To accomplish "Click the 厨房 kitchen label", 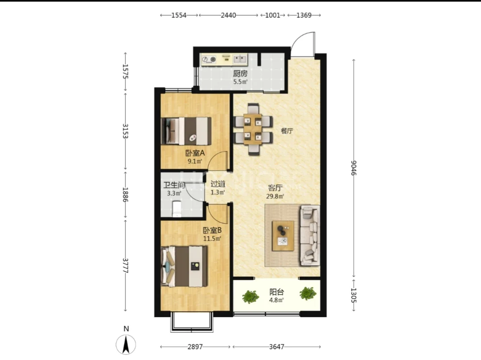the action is (x=240, y=74).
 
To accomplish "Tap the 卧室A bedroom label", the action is (x=195, y=153).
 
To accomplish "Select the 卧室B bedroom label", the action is (x=212, y=230).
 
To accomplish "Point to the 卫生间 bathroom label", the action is (x=174, y=185).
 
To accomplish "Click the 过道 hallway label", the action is (x=218, y=184).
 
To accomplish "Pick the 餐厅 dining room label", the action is (x=287, y=131).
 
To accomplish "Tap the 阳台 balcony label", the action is (x=276, y=292).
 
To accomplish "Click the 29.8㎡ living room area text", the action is (x=275, y=196).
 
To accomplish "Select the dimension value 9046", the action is (x=354, y=168).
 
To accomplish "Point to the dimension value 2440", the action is (x=228, y=15).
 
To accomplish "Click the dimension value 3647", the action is (x=276, y=347).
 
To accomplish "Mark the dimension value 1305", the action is (x=354, y=295).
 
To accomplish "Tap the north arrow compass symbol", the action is (x=126, y=344).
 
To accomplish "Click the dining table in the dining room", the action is (x=253, y=129).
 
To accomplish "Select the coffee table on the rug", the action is (x=283, y=236).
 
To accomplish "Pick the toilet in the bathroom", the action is (x=177, y=209).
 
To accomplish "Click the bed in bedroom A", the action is (x=186, y=131).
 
